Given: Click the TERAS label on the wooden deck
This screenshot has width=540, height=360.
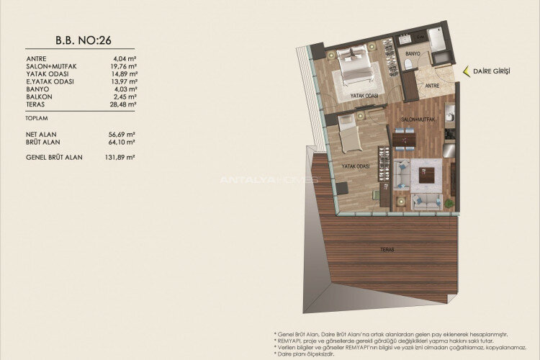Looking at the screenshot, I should pos(388,250).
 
